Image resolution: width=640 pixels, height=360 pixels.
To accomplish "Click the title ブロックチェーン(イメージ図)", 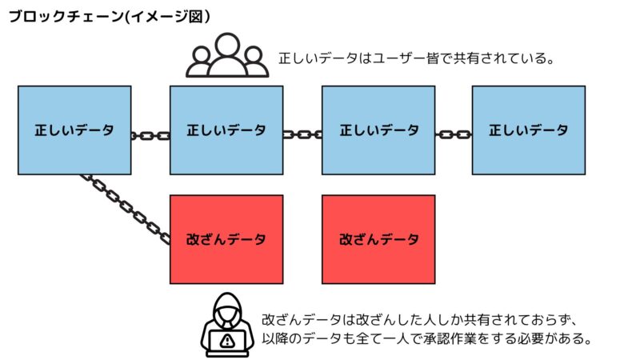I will (110, 17).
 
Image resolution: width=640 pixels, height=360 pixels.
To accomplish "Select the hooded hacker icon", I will (228, 326).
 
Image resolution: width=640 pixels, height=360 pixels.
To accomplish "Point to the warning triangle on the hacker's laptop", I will (228, 340).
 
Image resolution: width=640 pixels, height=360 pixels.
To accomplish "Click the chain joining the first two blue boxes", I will (150, 135).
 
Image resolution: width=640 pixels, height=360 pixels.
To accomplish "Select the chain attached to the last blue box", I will (454, 134).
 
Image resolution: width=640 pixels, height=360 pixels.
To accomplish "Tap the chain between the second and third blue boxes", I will (302, 134).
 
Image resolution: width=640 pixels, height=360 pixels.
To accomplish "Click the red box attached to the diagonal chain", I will (226, 239).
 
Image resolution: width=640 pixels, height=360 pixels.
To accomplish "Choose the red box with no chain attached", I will (378, 239).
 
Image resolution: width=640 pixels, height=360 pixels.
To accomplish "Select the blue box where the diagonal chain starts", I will (74, 130).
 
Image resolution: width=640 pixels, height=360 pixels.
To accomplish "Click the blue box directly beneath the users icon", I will (226, 130).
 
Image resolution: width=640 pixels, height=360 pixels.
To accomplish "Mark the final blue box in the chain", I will (529, 130).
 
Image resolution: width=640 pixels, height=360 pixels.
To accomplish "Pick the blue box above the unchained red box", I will (378, 130).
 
